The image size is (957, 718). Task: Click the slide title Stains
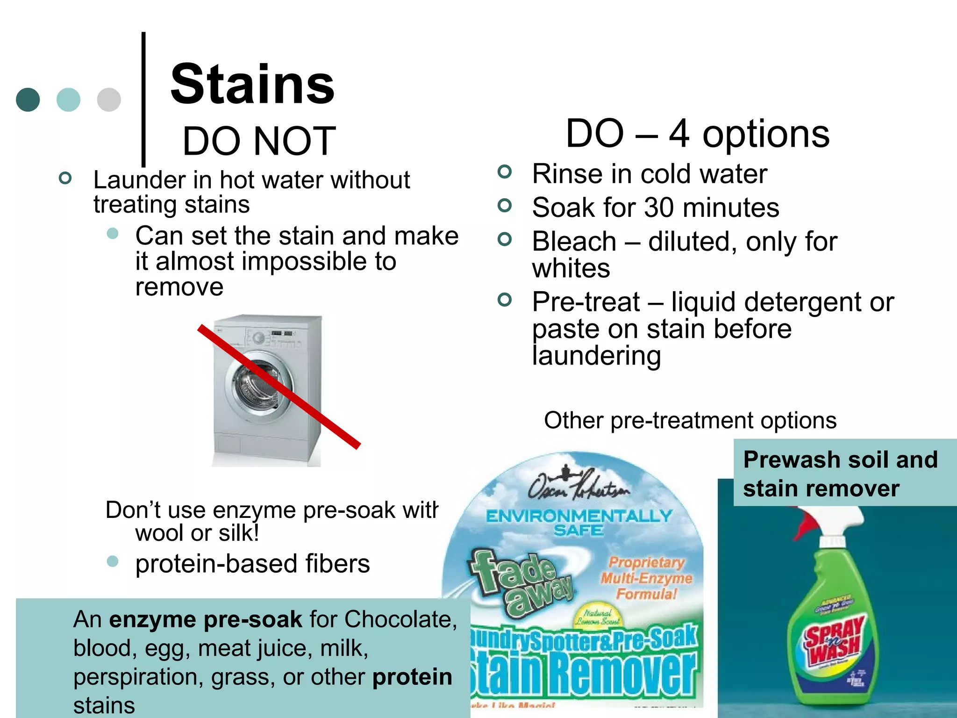click(x=252, y=85)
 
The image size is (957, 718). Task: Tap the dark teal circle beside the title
click(x=28, y=100)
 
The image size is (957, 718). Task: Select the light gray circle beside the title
click(x=109, y=100)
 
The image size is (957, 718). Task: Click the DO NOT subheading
click(x=259, y=141)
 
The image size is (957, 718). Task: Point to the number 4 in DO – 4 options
click(x=679, y=134)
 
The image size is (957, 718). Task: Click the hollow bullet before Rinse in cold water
click(x=505, y=172)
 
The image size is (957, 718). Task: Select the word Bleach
click(x=574, y=242)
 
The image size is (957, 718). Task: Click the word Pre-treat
click(x=586, y=302)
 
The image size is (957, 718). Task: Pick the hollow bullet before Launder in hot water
click(x=65, y=178)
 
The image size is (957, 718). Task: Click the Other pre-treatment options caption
click(x=690, y=420)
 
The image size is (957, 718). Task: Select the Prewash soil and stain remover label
click(x=840, y=473)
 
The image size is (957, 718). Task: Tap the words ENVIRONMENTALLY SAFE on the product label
click(x=579, y=523)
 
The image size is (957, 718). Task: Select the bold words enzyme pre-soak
click(x=206, y=620)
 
